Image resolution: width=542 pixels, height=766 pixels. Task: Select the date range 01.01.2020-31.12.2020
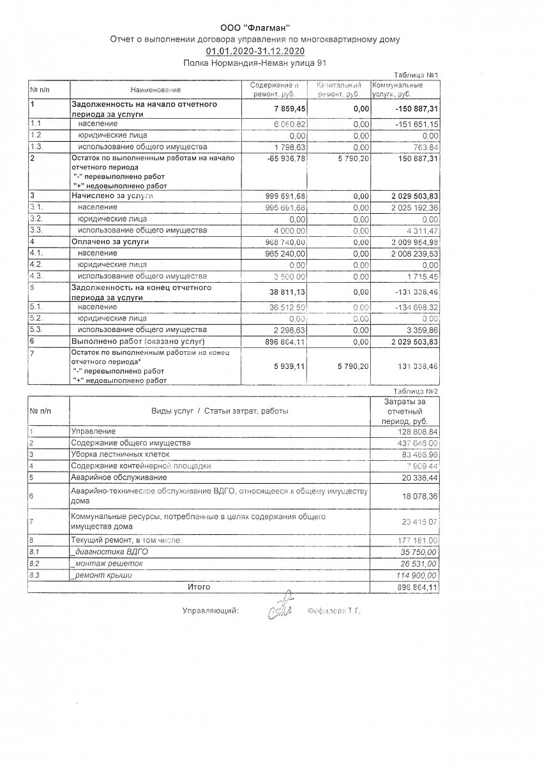255,51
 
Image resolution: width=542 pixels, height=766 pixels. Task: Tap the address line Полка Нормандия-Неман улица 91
255,63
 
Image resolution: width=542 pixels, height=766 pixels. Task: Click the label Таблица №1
417,75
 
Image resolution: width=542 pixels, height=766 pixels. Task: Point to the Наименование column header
156,90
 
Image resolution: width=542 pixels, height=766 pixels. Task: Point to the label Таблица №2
416,391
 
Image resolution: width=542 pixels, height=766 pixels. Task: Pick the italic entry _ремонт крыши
102,575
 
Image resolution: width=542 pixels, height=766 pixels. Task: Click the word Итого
199,586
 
